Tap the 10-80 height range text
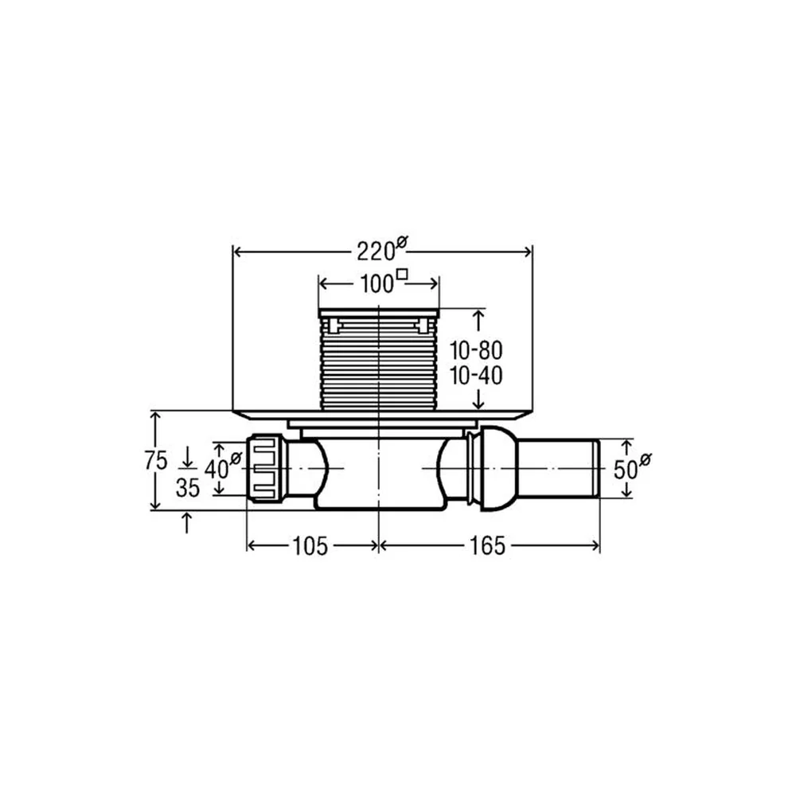pyautogui.click(x=476, y=350)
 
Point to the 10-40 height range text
pyautogui.click(x=476, y=376)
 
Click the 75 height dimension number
pyautogui.click(x=155, y=461)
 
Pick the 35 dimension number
pyautogui.click(x=188, y=488)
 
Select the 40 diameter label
pyautogui.click(x=222, y=466)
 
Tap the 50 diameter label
pyautogui.click(x=632, y=467)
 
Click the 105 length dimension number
pyautogui.click(x=310, y=546)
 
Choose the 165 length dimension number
pyautogui.click(x=487, y=546)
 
